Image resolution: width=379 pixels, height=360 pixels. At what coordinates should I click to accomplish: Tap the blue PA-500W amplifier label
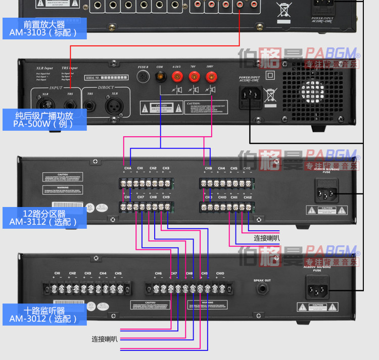coord(43,120)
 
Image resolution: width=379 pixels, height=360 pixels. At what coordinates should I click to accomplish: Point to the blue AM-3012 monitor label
coord(43,314)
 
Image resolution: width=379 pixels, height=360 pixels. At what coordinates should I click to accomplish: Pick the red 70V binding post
coord(194,77)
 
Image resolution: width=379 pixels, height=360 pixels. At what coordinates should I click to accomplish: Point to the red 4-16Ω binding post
coord(177,77)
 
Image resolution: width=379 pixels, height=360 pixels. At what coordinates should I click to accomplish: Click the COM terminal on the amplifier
coord(160,77)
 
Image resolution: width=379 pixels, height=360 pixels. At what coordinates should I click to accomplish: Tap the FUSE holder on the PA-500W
coord(143,77)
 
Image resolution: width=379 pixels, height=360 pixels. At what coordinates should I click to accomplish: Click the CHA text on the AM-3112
coord(127,168)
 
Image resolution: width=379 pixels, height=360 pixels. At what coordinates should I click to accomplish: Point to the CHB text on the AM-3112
coord(208,168)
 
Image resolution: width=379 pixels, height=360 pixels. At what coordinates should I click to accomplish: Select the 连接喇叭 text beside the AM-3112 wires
coord(267,238)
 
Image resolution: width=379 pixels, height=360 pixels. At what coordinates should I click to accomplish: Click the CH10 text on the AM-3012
coord(220,273)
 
